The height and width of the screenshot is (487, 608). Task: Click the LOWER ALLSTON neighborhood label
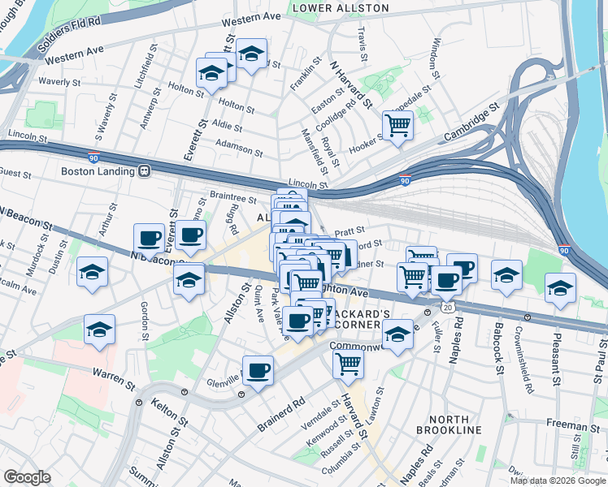341,8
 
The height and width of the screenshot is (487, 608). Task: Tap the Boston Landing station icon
144,171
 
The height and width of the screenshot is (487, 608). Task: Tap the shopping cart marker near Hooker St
397,125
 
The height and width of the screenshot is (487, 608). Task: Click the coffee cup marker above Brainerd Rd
258,371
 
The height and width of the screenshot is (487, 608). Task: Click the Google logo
28,477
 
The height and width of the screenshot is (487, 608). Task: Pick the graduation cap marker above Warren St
99,330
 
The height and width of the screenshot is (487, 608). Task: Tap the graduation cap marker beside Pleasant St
560,288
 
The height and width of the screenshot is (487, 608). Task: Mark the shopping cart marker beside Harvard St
348,364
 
